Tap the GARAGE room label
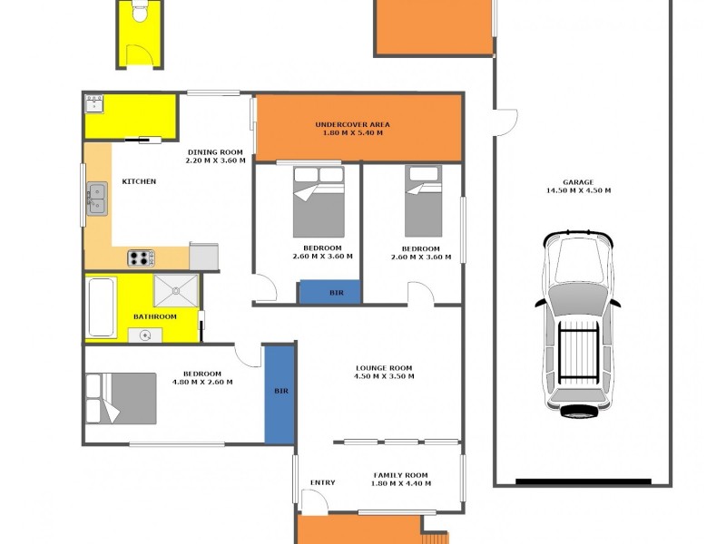click(x=578, y=186)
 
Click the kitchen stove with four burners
click(x=141, y=257)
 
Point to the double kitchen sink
click(x=96, y=199)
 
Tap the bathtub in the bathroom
click(x=101, y=306)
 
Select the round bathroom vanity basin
click(x=145, y=335)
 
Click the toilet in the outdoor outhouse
click(x=139, y=12)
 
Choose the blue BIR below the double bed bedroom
click(x=330, y=292)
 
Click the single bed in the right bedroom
click(x=422, y=200)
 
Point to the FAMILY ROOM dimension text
click(x=401, y=483)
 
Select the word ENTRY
click(x=322, y=482)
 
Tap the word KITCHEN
click(x=138, y=181)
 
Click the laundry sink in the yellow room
click(x=94, y=105)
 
